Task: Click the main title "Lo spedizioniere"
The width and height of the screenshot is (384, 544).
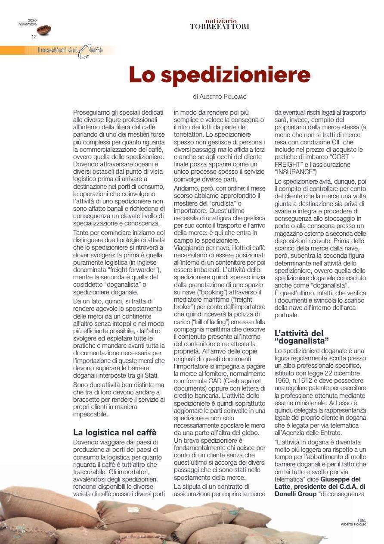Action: point(220,75)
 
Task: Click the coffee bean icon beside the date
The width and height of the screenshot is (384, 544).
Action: point(44,30)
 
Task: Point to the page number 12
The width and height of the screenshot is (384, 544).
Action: point(34,37)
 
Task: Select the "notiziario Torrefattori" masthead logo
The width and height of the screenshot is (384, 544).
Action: point(220,24)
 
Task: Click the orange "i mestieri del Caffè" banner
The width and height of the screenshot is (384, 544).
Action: point(69,50)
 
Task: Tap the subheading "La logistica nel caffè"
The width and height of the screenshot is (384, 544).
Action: point(115,432)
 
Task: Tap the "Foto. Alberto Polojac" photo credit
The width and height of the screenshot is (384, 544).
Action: point(353,522)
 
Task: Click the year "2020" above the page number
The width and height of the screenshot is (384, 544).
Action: point(32,20)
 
